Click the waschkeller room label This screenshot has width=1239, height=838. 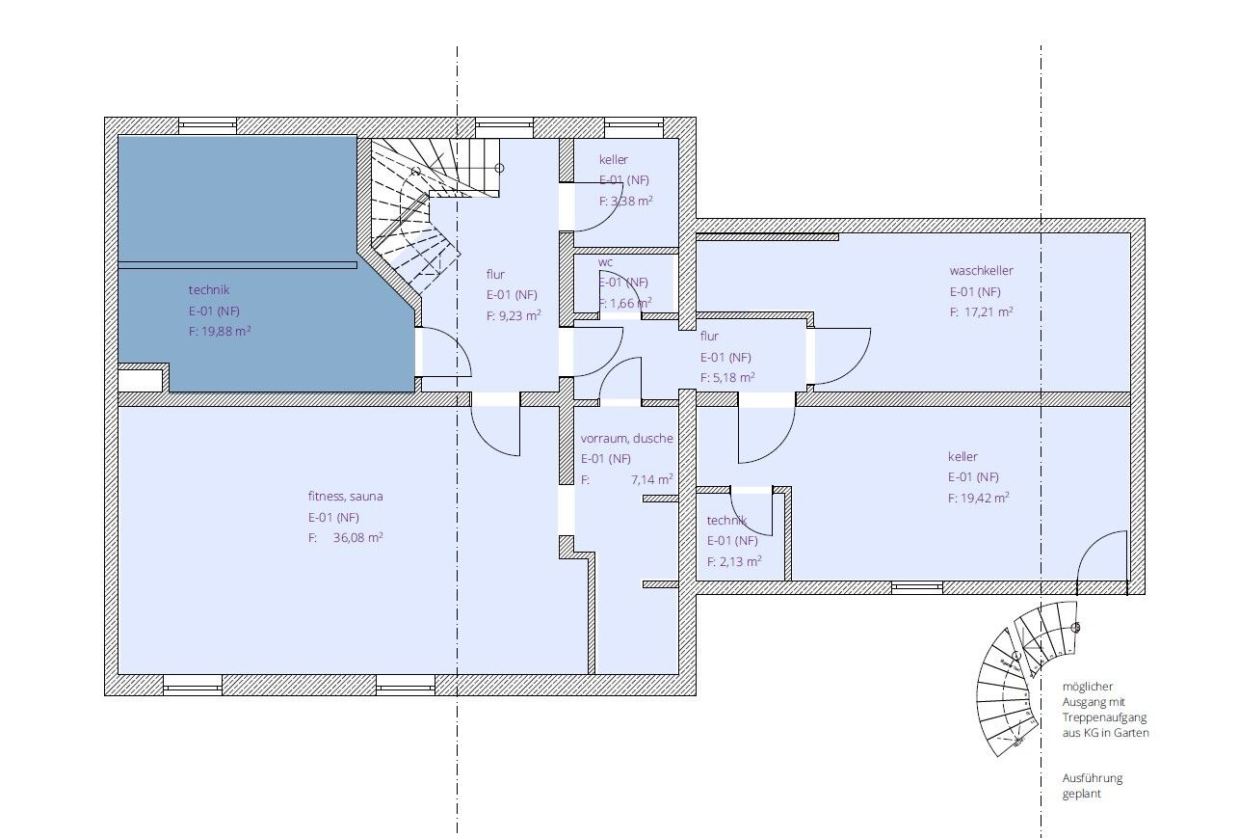coord(981,271)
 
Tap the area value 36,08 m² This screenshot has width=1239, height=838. coord(357,537)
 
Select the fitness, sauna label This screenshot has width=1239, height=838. coord(345,496)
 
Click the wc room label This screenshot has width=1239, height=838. coord(606,262)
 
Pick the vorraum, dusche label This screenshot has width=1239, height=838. coord(626,438)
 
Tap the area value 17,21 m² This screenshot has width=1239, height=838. coord(989,311)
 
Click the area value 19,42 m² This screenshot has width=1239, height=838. coord(985,498)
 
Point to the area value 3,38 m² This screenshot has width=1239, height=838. coord(632,201)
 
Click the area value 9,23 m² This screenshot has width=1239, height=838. coord(519,315)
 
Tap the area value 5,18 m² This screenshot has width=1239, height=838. coord(734,377)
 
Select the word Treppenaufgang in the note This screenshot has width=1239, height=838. coord(1104,717)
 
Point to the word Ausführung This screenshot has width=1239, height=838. coord(1093,778)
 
